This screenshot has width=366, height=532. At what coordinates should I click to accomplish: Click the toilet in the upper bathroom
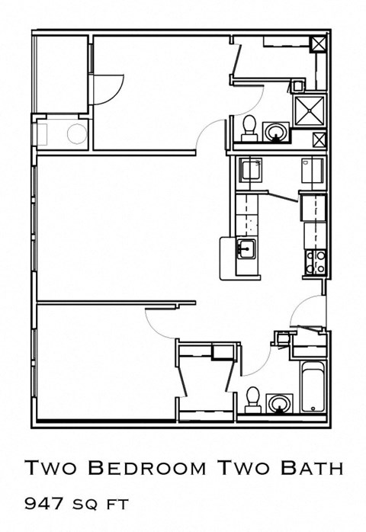coord(249,127)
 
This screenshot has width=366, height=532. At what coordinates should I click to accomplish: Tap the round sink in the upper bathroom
coord(275,133)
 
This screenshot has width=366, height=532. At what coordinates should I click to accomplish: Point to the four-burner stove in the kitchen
coord(316,261)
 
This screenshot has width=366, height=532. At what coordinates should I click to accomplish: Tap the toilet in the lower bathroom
coord(253,398)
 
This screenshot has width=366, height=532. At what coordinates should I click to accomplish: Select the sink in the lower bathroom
coord(280,403)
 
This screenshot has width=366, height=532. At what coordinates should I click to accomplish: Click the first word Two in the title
coord(51,467)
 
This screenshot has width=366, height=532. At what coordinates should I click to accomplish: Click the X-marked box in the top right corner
coord(318,43)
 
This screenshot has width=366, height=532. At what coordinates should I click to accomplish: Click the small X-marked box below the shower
coord(319,140)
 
